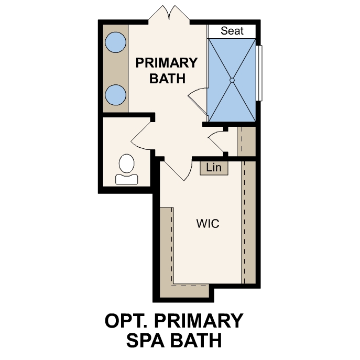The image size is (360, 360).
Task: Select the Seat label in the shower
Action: pos(232,31)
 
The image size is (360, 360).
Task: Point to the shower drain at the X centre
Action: pos(232,80)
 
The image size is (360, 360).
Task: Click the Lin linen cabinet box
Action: pos(213,168)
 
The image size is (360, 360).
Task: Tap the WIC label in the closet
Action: pos(208,224)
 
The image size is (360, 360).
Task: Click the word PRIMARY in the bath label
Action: pos(167,63)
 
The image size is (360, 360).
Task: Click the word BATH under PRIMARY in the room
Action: pos(168,79)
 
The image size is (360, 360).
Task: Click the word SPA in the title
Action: pos(147,340)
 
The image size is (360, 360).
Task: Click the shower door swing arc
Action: pos(197,99)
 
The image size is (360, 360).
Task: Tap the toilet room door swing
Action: pos(139,138)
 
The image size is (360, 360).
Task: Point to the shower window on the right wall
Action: pos(259,73)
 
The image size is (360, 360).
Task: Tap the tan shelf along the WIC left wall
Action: pos(167,246)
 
